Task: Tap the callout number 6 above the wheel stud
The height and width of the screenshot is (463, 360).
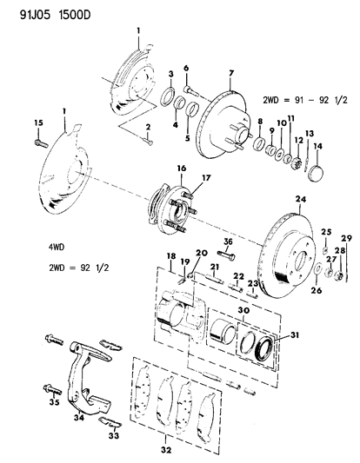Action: tap(186, 68)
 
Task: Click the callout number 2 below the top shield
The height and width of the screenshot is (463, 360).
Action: tap(149, 127)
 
